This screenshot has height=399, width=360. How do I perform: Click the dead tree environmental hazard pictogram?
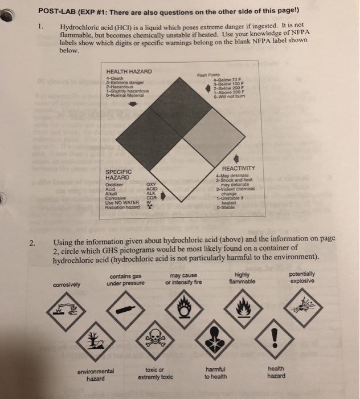click(x=92, y=343)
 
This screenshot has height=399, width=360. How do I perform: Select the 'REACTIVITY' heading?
click(x=243, y=168)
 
